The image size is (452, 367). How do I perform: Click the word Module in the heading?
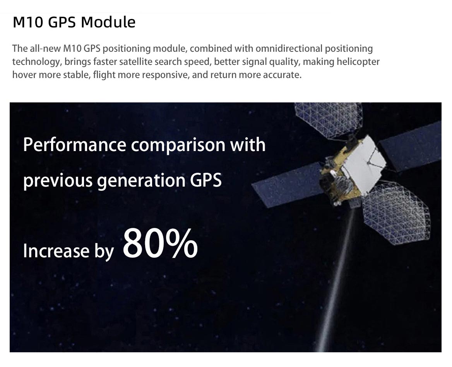tap(108, 22)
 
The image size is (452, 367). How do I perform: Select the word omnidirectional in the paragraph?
tap(289, 48)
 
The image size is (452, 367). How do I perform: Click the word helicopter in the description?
tap(358, 62)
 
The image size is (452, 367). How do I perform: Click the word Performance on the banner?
tap(74, 144)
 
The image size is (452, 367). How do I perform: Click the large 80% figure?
tap(160, 243)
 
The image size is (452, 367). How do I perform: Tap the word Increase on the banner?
tap(56, 250)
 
